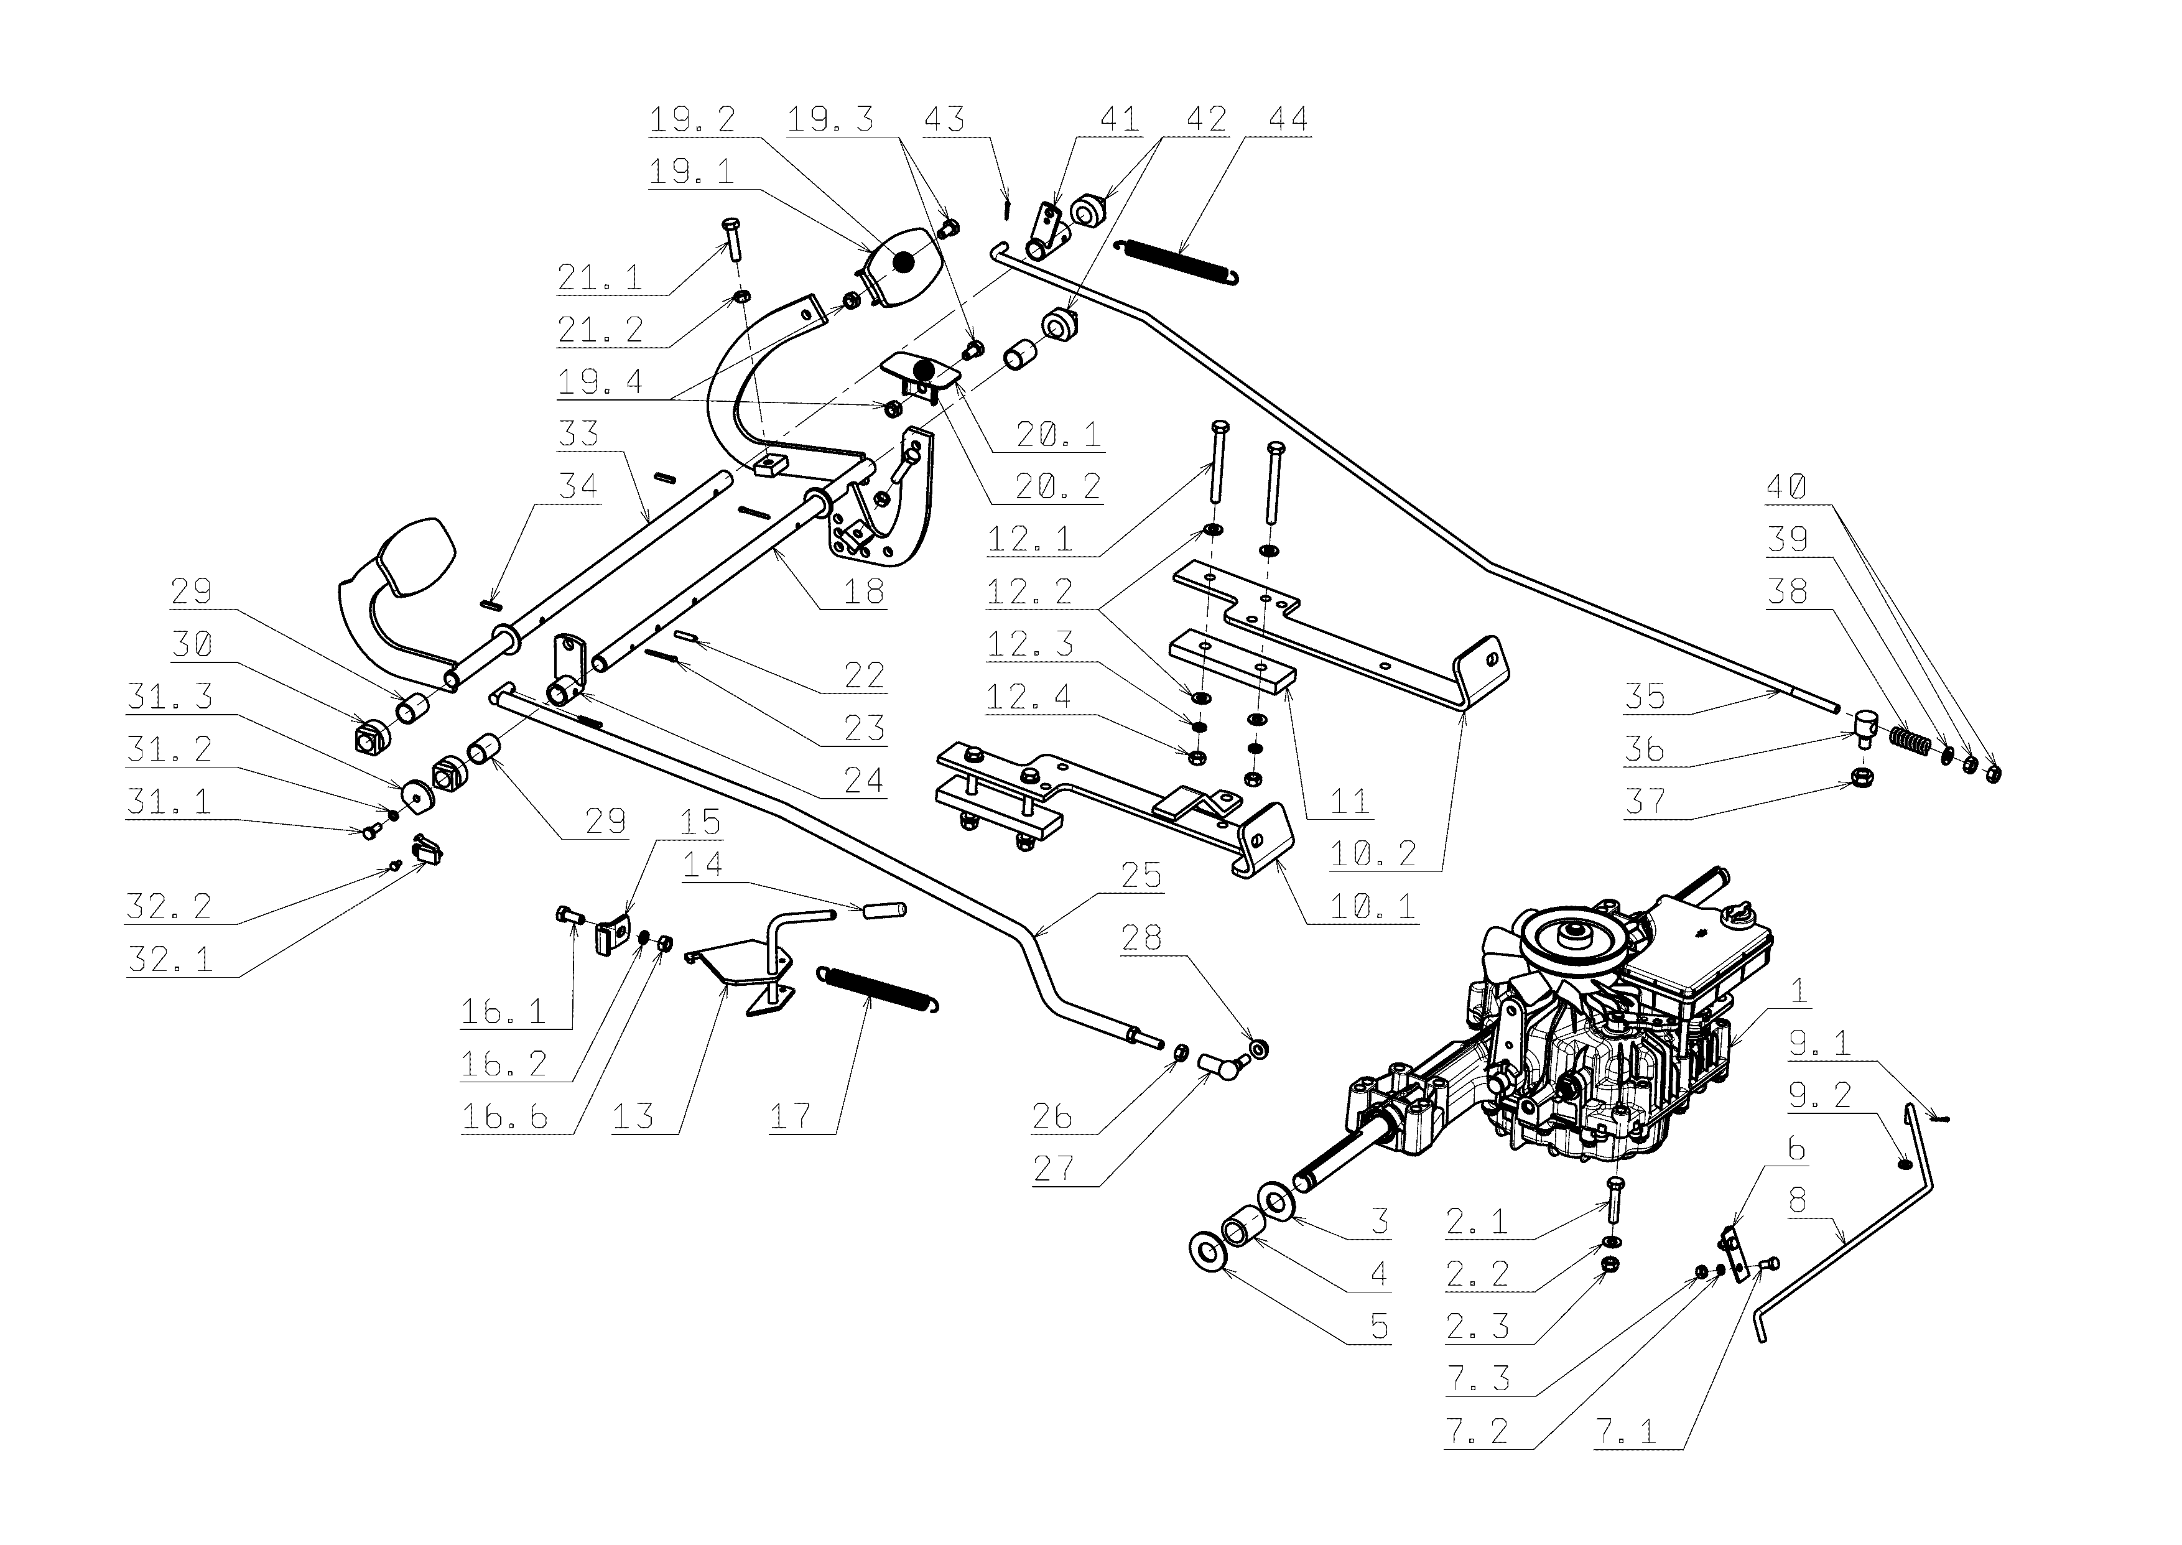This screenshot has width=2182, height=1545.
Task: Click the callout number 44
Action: (1288, 120)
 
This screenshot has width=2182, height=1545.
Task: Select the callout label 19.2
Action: (692, 120)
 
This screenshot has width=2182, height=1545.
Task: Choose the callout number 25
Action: (1141, 875)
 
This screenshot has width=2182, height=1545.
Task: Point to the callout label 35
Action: (1645, 697)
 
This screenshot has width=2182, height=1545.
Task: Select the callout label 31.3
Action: (169, 697)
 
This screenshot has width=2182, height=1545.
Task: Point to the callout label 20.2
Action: (1057, 487)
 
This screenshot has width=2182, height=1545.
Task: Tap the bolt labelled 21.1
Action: (730, 239)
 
